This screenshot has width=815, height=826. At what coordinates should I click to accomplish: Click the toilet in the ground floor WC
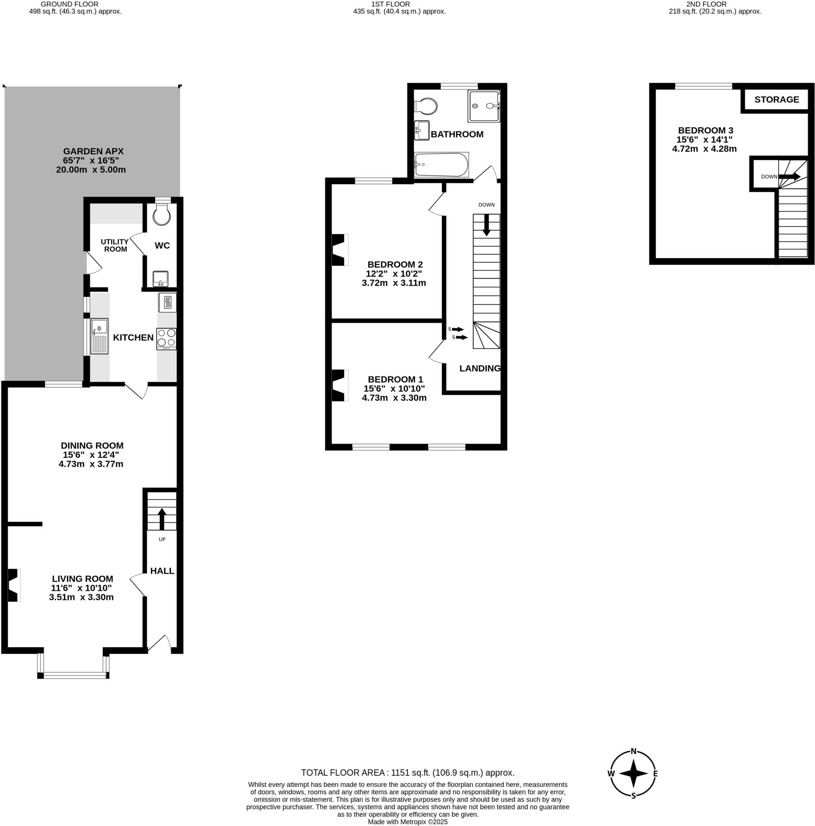[x=162, y=215]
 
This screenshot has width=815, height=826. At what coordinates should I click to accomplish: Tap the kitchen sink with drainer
[x=99, y=336]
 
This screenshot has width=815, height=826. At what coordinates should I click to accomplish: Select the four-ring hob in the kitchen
[x=166, y=338]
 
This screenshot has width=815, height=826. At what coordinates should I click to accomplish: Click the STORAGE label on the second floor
[x=776, y=100]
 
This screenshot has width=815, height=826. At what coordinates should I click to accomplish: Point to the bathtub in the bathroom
[x=441, y=165]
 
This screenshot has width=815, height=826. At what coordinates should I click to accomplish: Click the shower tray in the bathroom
[x=483, y=106]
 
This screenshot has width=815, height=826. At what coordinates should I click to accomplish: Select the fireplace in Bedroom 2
[x=339, y=250]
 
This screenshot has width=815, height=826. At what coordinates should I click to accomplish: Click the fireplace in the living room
[x=14, y=585]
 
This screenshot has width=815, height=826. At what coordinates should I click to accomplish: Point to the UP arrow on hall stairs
[x=162, y=519]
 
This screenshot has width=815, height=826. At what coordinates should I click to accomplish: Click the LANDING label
[x=480, y=369]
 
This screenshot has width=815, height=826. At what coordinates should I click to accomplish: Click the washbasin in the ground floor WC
[x=161, y=279]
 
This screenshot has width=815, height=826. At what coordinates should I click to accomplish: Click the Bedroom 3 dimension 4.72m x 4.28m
[x=704, y=149]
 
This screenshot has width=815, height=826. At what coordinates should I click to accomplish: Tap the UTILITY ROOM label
[x=115, y=245]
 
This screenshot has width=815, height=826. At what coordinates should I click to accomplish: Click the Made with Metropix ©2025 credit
[x=407, y=822]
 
